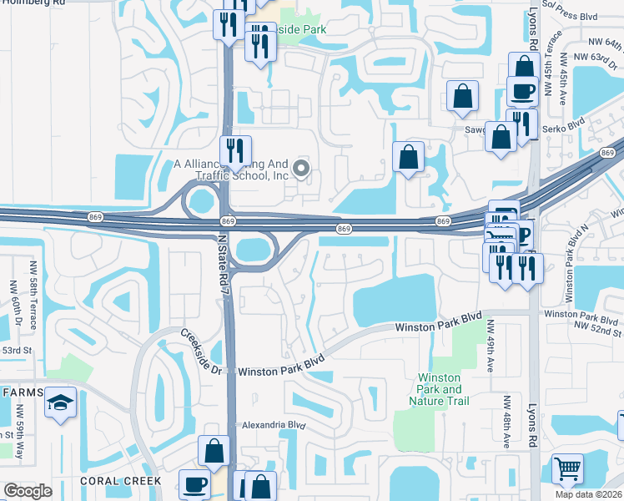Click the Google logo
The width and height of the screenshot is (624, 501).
[x=28, y=491]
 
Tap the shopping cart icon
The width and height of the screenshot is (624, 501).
[x=568, y=469]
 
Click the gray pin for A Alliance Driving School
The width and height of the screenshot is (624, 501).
[x=301, y=170]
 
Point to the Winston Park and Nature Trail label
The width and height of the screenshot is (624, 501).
[x=439, y=390]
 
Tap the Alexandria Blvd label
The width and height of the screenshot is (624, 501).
[x=274, y=425]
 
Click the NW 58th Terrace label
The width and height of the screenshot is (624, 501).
[x=13, y=289]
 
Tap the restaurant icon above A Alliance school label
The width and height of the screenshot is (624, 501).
[x=236, y=150]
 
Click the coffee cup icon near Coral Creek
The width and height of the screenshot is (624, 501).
[x=196, y=483]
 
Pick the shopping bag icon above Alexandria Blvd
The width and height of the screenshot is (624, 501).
[x=214, y=451]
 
